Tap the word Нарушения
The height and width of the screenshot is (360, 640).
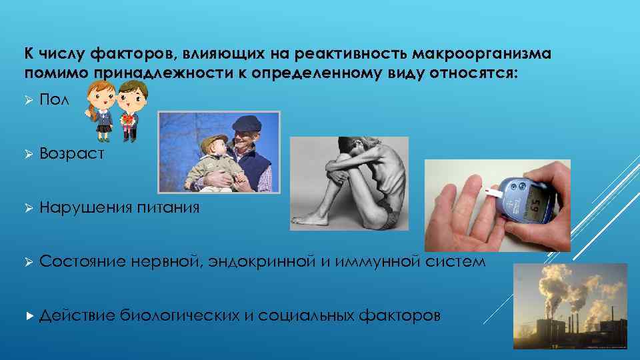pyautogui.click(x=86, y=207)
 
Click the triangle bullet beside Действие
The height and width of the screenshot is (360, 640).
pyautogui.click(x=28, y=315)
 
